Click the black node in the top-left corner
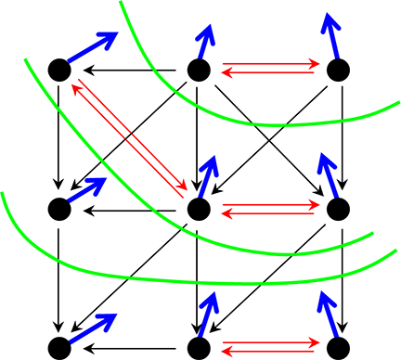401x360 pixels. pos(58,70)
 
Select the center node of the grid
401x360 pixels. pos(198,209)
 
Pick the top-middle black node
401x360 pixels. pos(198,70)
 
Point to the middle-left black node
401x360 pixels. pos(58,209)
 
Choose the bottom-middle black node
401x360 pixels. pos(198,348)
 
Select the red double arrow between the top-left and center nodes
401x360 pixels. pos(128,139)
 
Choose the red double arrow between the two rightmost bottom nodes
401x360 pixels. pos(269,347)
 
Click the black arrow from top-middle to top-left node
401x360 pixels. pos(130,70)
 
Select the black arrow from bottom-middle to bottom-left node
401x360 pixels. pos(130,348)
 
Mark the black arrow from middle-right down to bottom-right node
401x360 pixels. pos(343,278)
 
